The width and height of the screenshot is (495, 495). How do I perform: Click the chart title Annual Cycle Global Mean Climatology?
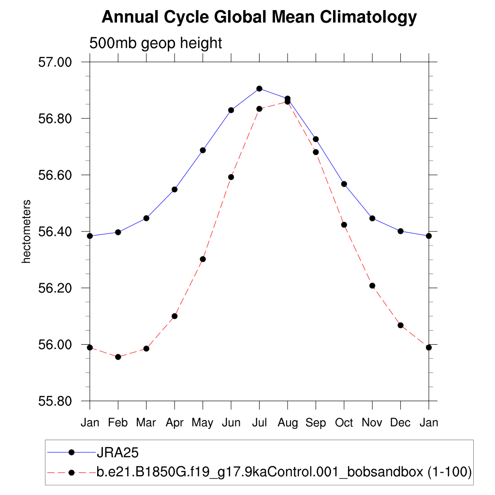pyautogui.click(x=259, y=17)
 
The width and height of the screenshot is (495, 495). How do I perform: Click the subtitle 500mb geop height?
pyautogui.click(x=156, y=43)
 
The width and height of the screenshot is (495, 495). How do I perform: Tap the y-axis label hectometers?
pyautogui.click(x=27, y=232)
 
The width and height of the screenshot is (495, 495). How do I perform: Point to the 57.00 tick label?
pyautogui.click(x=54, y=62)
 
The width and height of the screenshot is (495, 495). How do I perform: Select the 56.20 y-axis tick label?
pyautogui.click(x=54, y=288)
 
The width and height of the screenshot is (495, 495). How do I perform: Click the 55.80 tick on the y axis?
pyautogui.click(x=54, y=401)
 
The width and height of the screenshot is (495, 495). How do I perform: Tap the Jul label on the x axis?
pyautogui.click(x=259, y=423)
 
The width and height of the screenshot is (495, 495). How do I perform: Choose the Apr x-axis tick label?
pyautogui.click(x=175, y=423)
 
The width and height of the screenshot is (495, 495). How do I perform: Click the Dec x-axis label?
pyautogui.click(x=400, y=423)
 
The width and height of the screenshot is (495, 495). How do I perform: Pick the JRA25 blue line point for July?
pyautogui.click(x=259, y=88)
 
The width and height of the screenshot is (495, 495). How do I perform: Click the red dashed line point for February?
pyautogui.click(x=118, y=357)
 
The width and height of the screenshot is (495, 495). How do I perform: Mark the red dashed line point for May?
pyautogui.click(x=203, y=259)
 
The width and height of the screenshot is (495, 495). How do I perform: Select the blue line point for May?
pyautogui.click(x=203, y=150)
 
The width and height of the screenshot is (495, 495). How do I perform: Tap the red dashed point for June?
pyautogui.click(x=231, y=177)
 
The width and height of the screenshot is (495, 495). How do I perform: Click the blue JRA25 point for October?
pyautogui.click(x=344, y=184)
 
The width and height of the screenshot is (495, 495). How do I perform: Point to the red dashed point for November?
pyautogui.click(x=372, y=286)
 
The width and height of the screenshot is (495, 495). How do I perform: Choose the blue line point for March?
pyautogui.click(x=146, y=218)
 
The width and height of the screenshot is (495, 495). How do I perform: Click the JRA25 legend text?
pyautogui.click(x=118, y=452)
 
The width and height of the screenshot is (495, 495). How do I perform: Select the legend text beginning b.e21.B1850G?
pyautogui.click(x=284, y=471)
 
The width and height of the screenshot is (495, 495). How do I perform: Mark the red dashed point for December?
pyautogui.click(x=400, y=325)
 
